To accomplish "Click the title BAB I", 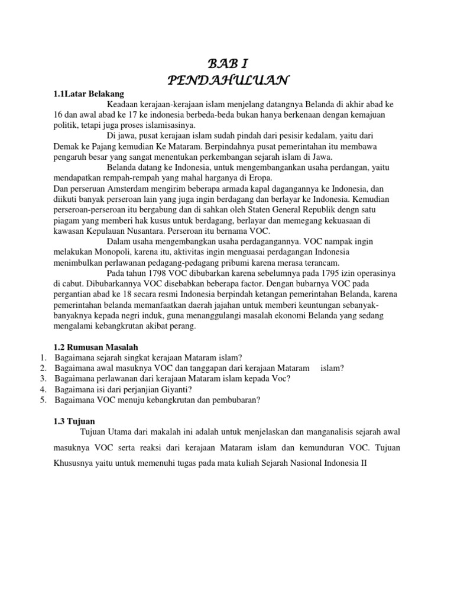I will [x=227, y=64].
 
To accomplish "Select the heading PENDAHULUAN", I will [x=227, y=79].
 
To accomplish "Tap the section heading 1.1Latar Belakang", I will [x=89, y=93].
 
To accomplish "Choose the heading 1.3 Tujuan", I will [x=74, y=421].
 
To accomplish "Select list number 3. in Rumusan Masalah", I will [x=43, y=378].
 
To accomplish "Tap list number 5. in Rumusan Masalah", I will [x=43, y=399].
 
